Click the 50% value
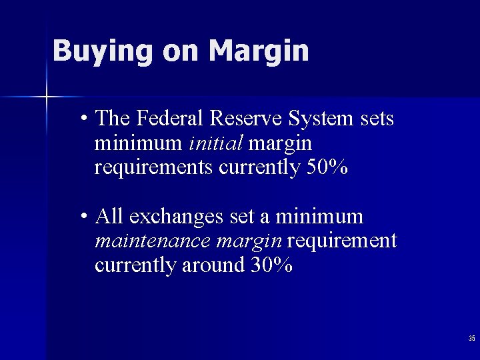click(327, 167)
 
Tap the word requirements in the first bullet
click(155, 168)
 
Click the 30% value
click(271, 265)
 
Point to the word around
click(215, 265)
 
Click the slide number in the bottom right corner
click(471, 339)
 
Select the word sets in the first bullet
click(377, 119)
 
